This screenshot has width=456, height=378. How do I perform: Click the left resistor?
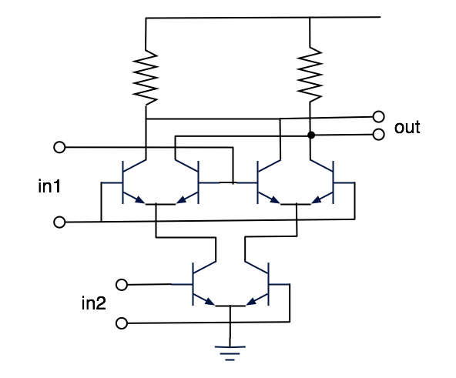(x=146, y=78)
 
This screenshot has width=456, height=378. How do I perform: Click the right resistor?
(x=310, y=75)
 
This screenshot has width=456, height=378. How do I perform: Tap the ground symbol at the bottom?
(x=230, y=353)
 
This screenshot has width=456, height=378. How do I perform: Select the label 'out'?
(x=407, y=127)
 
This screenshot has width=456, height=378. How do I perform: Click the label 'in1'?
(x=49, y=186)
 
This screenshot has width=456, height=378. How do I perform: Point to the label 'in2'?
(x=94, y=303)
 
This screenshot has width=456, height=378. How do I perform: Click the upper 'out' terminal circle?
(x=378, y=116)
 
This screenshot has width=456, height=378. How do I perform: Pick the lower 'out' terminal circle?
(x=378, y=134)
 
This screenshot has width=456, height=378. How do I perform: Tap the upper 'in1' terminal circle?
(x=59, y=147)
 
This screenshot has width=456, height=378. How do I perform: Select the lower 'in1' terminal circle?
(x=59, y=222)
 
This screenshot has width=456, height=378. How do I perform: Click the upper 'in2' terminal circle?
(x=122, y=285)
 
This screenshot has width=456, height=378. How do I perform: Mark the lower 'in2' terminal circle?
(x=122, y=323)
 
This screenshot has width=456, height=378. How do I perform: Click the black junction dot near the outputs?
(x=311, y=135)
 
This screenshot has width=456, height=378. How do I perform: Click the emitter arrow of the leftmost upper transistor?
(x=139, y=200)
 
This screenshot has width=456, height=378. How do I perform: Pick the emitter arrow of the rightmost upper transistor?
(x=317, y=200)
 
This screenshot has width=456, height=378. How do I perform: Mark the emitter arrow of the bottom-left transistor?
(x=210, y=302)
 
